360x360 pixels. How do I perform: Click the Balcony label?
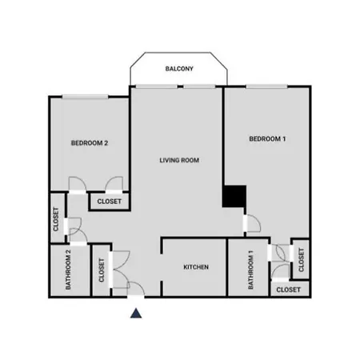click(179, 69)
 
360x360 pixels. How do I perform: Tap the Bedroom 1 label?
click(267, 139)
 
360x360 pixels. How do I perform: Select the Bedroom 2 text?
click(90, 143)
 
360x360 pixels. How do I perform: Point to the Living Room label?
click(179, 160)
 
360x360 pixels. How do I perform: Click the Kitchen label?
click(196, 267)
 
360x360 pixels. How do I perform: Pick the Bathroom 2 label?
click(68, 270)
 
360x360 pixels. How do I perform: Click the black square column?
click(234, 196)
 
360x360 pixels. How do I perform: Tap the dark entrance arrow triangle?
click(136, 314)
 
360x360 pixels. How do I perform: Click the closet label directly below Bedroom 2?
click(110, 202)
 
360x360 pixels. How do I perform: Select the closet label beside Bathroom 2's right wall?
click(102, 270)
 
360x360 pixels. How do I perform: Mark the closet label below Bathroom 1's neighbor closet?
click(289, 290)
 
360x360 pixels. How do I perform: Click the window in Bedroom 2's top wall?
click(86, 97)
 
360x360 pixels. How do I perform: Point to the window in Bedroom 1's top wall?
click(266, 86)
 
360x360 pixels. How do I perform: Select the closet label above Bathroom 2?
click(56, 219)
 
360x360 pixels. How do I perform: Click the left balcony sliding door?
click(157, 86)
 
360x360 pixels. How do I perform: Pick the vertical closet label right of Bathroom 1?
click(302, 260)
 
